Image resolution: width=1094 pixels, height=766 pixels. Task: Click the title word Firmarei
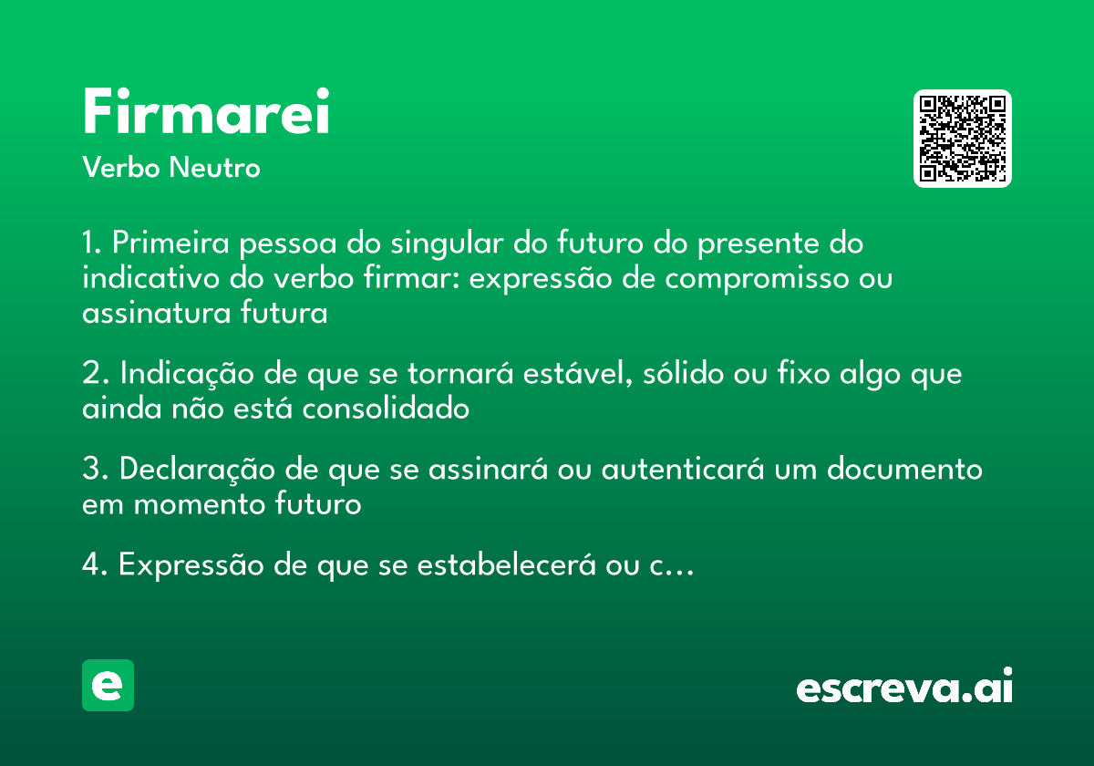(206, 113)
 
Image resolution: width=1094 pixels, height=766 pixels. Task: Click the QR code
(963, 139)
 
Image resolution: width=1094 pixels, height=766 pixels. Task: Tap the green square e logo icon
(108, 685)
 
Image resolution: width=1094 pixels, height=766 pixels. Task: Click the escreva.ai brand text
(904, 688)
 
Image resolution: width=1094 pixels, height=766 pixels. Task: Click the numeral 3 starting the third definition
(90, 470)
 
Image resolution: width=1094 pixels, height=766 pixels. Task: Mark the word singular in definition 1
(449, 244)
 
